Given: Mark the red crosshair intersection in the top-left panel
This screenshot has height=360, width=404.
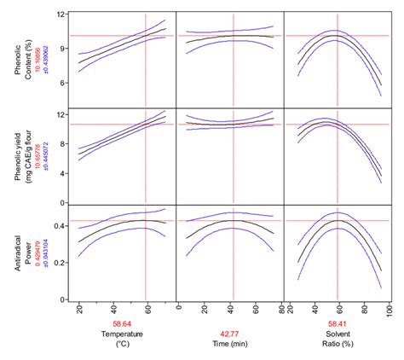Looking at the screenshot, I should tap(147, 36).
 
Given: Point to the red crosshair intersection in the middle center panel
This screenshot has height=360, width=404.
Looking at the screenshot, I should tap(233, 125).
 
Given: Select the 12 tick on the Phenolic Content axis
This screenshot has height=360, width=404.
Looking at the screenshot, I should tap(61, 15).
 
